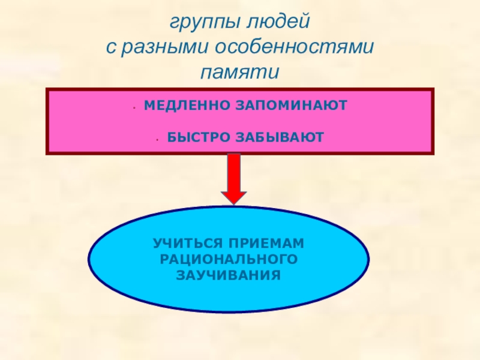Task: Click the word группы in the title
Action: pyautogui.click(x=202, y=24)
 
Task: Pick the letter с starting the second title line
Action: pyautogui.click(x=111, y=49)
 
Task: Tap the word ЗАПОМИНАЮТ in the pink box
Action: pyautogui.click(x=287, y=105)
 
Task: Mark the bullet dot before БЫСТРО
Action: pyautogui.click(x=156, y=139)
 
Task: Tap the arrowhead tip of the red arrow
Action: pyautogui.click(x=233, y=202)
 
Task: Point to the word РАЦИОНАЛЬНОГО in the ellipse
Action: pyautogui.click(x=229, y=260)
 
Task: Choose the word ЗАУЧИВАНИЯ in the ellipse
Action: pyautogui.click(x=229, y=276)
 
